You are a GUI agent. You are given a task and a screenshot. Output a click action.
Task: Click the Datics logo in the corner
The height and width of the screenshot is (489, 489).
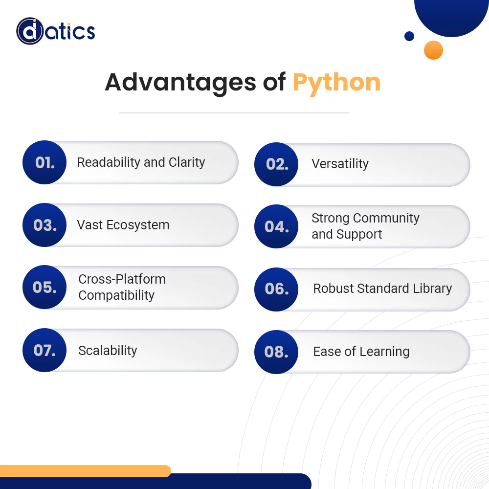pyautogui.click(x=55, y=31)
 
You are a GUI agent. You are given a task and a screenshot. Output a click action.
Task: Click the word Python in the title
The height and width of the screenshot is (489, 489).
pyautogui.click(x=336, y=82)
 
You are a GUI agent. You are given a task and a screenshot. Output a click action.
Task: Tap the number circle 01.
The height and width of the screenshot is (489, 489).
pyautogui.click(x=44, y=162)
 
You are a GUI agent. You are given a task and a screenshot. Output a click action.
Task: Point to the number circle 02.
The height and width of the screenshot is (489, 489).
pyautogui.click(x=276, y=164)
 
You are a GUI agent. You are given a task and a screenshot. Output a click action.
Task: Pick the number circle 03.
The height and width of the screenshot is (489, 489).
pyautogui.click(x=44, y=225)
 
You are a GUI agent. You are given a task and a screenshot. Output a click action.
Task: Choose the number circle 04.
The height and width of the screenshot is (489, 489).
pyautogui.click(x=276, y=226)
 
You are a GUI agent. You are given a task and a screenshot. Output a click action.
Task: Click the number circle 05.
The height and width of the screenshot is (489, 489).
pyautogui.click(x=44, y=287)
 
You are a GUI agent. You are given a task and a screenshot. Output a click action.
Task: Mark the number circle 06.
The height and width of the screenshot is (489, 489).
pyautogui.click(x=276, y=289)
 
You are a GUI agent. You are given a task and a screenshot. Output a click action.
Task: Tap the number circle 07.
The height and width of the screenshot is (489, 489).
pyautogui.click(x=44, y=350)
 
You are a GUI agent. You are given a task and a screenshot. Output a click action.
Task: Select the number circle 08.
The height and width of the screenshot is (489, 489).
pyautogui.click(x=276, y=352)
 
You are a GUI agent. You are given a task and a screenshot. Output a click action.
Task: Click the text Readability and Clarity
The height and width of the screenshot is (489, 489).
pyautogui.click(x=141, y=162)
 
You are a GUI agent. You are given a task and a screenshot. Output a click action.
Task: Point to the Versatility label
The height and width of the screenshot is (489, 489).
pyautogui.click(x=340, y=164)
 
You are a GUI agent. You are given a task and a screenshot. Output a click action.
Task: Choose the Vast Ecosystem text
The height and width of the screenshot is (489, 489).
pyautogui.click(x=123, y=225)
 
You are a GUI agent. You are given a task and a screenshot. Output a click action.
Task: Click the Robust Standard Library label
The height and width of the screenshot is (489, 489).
pyautogui.click(x=382, y=289)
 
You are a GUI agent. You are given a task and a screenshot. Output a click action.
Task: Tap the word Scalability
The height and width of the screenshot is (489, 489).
pyautogui.click(x=108, y=351)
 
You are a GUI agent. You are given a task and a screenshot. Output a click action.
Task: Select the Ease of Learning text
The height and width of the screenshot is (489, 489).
pyautogui.click(x=361, y=352)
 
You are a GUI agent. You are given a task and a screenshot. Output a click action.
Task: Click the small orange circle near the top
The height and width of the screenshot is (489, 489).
pyautogui.click(x=433, y=50)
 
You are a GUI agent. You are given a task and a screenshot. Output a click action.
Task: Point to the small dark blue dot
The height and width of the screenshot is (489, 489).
pyautogui.click(x=409, y=36)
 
